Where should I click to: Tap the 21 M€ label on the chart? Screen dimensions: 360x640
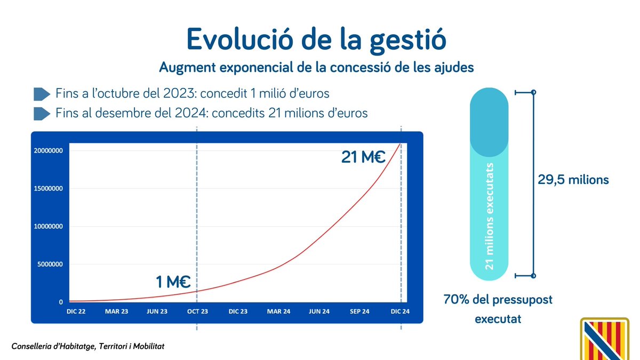pos(363,157)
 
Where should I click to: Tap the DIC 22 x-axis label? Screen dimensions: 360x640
pos(75,311)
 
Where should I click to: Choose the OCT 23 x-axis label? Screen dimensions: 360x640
pos(197,311)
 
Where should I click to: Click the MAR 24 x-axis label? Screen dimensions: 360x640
pos(278,311)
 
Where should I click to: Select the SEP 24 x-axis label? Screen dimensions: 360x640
pos(359,311)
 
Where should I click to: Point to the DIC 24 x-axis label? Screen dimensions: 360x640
pos(400,311)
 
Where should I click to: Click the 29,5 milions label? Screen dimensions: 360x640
pos(573,180)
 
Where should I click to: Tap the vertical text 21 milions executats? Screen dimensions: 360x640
pos(490,216)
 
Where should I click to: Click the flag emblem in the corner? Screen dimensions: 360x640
pos(609,339)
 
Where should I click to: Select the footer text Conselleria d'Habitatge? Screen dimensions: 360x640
pos(88,347)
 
